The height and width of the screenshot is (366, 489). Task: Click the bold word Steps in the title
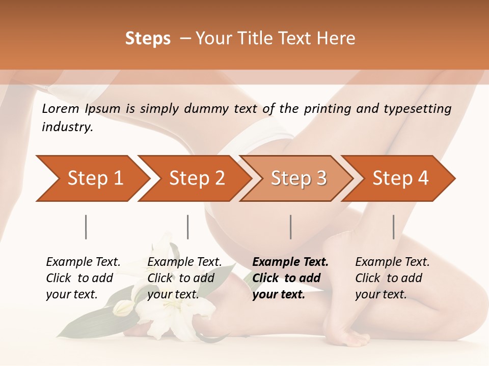[x=148, y=39]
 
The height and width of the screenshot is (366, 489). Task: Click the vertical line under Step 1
[x=86, y=227]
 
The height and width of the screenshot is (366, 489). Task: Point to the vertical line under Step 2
[x=188, y=227]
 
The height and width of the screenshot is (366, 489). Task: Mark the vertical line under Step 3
[x=291, y=227]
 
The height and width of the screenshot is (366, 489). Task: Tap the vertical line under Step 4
[x=394, y=227]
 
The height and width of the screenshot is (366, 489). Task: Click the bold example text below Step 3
[x=290, y=278]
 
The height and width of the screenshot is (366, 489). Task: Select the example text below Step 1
[x=83, y=278]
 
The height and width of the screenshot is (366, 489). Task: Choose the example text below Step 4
[x=392, y=278]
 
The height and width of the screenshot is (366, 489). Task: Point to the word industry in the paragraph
[x=67, y=127]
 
